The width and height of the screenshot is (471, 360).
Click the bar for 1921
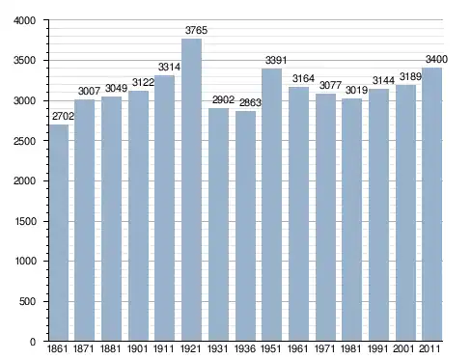[191, 190]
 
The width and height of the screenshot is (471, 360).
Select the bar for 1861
[59, 233]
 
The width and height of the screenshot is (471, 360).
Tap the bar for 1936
[245, 226]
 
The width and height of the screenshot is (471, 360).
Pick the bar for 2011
[431, 205]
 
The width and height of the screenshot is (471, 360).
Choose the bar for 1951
[271, 205]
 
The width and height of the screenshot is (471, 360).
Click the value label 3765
[196, 30]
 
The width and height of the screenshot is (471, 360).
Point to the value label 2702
[63, 116]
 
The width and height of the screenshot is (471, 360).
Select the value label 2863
[250, 102]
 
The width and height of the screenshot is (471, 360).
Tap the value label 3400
[436, 59]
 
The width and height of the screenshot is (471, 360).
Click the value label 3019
[356, 90]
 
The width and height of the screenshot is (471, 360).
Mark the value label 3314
[169, 67]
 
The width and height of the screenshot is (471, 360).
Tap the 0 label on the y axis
[33, 342]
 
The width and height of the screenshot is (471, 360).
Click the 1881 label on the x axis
[110, 348]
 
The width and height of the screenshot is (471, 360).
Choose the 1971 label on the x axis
[324, 348]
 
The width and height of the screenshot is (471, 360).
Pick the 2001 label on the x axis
[403, 348]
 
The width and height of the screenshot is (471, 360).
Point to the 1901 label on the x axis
[137, 348]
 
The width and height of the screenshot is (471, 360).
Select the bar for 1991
[378, 215]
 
